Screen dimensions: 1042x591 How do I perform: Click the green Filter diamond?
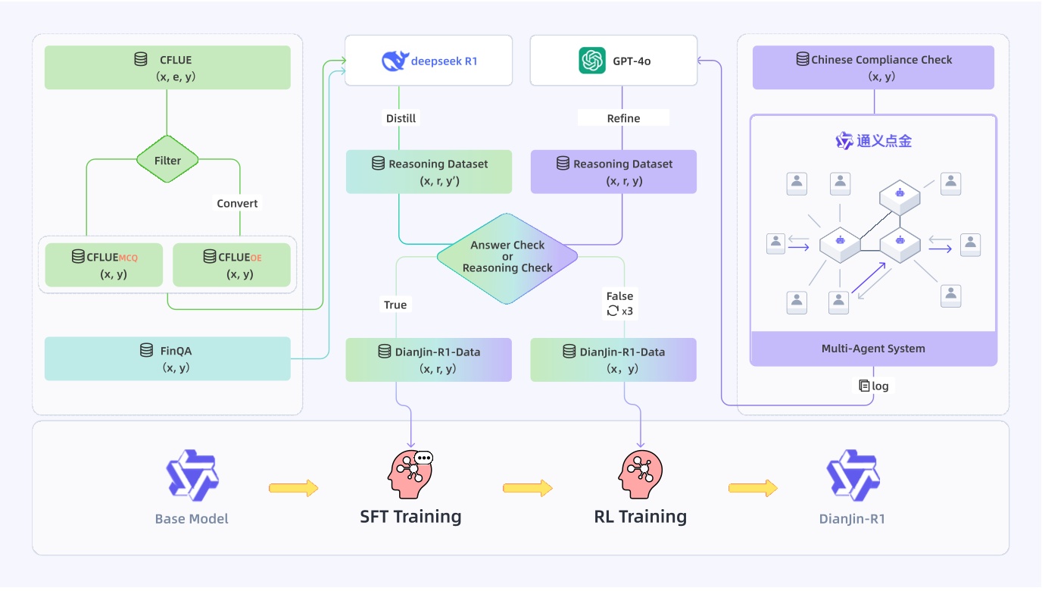click(x=167, y=159)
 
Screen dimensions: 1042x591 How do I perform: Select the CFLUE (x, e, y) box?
click(x=167, y=67)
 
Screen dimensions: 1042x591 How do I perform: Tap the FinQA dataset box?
click(x=167, y=359)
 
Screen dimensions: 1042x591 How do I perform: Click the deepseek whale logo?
click(x=395, y=61)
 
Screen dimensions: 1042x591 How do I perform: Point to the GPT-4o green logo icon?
click(x=591, y=61)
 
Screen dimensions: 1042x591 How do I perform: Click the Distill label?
click(x=401, y=118)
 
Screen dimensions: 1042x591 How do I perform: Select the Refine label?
click(x=623, y=118)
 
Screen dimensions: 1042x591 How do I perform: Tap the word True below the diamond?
click(x=395, y=305)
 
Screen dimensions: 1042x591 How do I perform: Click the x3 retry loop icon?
click(x=613, y=311)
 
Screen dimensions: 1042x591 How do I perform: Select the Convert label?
click(x=237, y=203)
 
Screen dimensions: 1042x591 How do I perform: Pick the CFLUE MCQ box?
click(x=104, y=264)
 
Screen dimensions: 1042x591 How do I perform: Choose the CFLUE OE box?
click(x=232, y=264)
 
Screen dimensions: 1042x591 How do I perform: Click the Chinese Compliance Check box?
click(x=873, y=67)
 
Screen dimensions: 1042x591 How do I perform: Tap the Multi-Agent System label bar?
click(x=873, y=348)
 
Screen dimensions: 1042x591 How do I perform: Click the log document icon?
click(x=864, y=386)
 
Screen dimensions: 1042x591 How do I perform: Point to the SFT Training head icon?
click(x=410, y=474)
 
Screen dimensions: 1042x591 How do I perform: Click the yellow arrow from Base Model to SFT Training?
click(x=294, y=488)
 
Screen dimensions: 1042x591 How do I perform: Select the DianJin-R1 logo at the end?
click(x=853, y=475)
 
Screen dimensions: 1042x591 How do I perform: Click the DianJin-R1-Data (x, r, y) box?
click(x=429, y=360)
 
